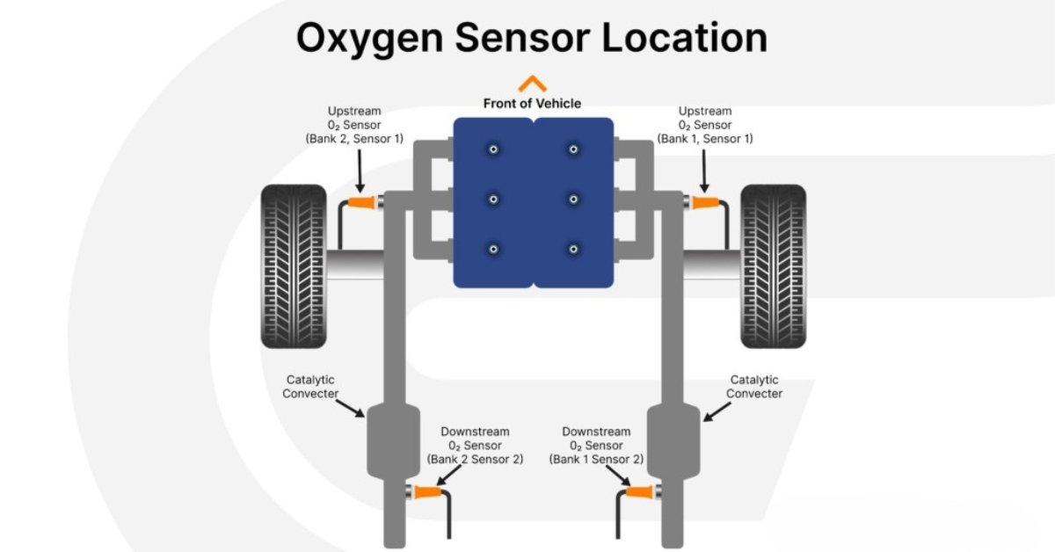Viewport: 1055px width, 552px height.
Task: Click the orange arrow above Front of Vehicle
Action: point(532,84)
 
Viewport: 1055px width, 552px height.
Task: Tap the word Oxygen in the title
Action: point(370,39)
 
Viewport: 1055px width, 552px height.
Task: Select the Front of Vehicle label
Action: point(532,103)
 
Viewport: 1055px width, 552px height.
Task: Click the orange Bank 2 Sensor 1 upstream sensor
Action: point(361,202)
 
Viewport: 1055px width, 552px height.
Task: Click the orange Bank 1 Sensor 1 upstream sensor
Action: point(705,202)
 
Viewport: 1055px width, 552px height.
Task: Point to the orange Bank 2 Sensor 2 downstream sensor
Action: point(427,492)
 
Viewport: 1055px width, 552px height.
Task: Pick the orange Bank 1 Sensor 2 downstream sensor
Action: point(639,492)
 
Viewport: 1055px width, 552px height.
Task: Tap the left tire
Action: point(294,266)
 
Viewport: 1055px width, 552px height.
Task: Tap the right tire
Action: point(774,266)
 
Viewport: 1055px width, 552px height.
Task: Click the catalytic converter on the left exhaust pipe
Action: point(393,440)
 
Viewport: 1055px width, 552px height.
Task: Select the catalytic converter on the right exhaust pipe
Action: point(673,440)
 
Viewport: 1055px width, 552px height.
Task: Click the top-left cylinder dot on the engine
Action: point(493,149)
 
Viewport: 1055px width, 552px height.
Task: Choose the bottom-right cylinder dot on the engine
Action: point(573,249)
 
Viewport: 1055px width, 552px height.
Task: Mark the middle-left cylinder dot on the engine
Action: point(493,200)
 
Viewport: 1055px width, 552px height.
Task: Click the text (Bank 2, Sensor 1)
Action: point(354,139)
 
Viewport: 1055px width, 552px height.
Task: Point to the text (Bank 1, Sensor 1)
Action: point(705,139)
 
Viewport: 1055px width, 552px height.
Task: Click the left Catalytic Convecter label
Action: point(310,387)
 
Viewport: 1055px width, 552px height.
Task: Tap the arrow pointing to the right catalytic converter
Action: point(717,411)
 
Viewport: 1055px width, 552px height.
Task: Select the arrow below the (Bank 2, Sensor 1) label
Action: point(360,171)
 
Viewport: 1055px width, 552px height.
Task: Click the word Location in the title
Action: point(685,38)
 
